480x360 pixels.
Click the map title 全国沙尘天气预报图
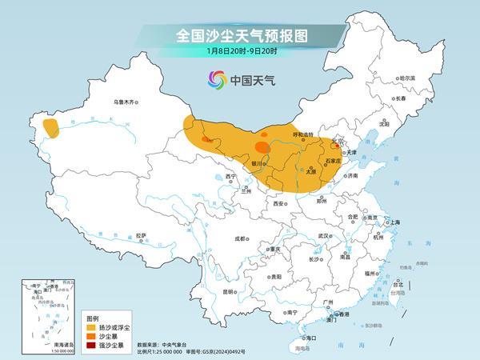click(241, 35)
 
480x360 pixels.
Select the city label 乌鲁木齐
click(126, 102)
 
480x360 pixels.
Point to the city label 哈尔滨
click(407, 78)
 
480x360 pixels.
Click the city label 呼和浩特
click(305, 134)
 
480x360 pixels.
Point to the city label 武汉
click(323, 236)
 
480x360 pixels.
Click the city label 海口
click(310, 338)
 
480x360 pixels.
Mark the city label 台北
click(398, 282)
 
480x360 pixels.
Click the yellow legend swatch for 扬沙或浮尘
click(92, 327)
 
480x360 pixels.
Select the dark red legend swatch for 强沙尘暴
click(92, 345)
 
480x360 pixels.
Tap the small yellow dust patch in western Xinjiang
click(51, 127)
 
